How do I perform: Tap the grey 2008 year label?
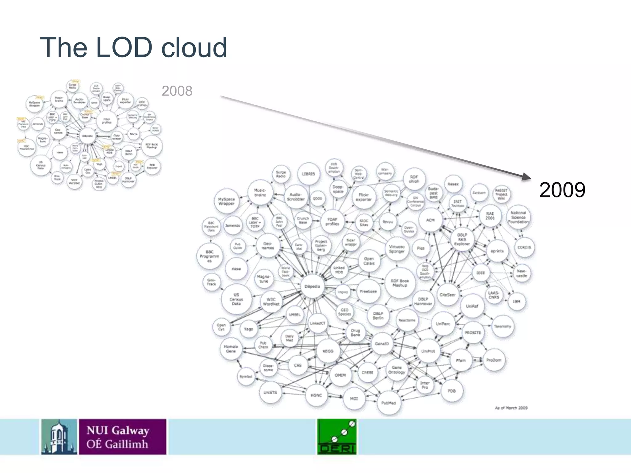[177, 91]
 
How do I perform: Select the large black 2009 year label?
[562, 190]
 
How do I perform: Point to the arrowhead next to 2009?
[526, 177]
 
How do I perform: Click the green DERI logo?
[337, 436]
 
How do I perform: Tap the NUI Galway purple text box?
[122, 436]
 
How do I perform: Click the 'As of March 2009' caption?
[511, 408]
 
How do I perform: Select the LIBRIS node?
[308, 174]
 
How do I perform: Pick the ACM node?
[430, 220]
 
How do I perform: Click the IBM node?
[516, 301]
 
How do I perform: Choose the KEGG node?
[328, 351]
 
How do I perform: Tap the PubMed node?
[389, 403]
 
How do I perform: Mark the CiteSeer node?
[447, 295]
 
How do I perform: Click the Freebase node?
[368, 291]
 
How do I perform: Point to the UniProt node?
[428, 351]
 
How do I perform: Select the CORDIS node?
[524, 247]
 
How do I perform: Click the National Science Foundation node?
[518, 217]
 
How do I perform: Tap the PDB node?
[452, 391]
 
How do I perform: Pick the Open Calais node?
[369, 261]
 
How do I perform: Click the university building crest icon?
[59, 436]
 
